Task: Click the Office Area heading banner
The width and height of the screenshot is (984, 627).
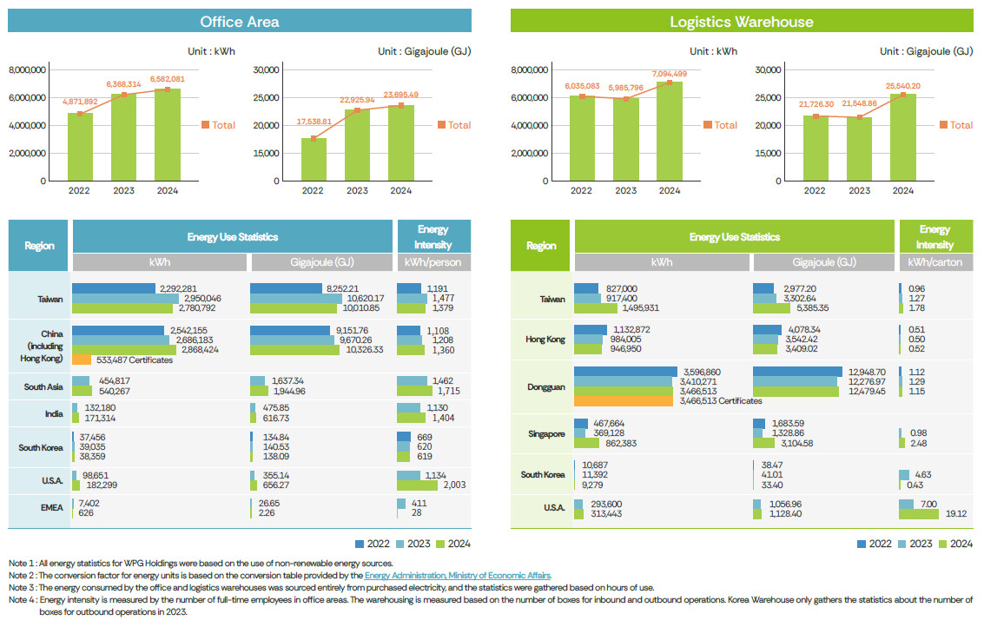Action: [x=239, y=21]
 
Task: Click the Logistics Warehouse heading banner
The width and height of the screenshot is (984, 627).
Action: [x=741, y=21]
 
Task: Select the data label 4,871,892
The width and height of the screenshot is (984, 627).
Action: [x=80, y=102]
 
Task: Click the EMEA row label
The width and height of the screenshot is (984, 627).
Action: [x=53, y=508]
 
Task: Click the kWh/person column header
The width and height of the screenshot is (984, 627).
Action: [x=433, y=262]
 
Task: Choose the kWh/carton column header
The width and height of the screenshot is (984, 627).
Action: [x=934, y=262]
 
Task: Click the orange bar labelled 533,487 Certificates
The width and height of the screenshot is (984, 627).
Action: [x=82, y=360]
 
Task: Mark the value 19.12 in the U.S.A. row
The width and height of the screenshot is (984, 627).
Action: [x=956, y=513]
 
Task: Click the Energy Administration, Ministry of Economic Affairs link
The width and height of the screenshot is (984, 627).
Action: [x=457, y=576]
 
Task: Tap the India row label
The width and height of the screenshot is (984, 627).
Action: [x=54, y=413]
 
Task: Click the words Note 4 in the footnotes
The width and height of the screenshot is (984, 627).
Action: [x=21, y=600]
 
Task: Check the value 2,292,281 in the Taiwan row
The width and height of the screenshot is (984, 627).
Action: [x=177, y=288]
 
